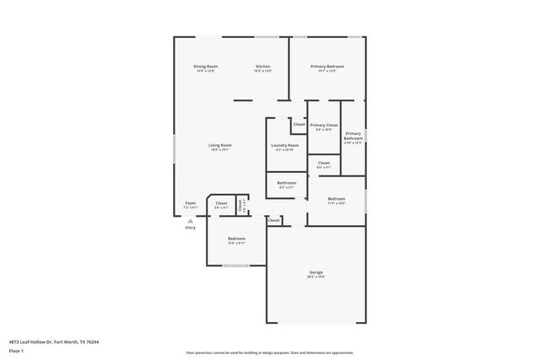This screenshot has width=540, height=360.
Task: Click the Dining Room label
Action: pos(206,66)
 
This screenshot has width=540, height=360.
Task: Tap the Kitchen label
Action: pos(262,66)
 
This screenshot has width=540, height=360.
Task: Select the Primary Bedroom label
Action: pos(327,66)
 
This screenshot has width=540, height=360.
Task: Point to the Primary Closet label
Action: pos(323,125)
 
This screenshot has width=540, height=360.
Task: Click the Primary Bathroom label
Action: pos(353,135)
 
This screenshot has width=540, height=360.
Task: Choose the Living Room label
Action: pos(220,145)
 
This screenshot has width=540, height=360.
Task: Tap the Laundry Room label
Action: pos(285,145)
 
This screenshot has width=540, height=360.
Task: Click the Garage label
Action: pos(316,272)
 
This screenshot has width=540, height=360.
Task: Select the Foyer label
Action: pos(191,203)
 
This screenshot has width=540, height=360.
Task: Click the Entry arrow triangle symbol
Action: pos(191,220)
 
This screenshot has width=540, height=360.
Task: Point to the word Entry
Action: pos(191,227)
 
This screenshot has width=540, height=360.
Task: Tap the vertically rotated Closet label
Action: pos(240,204)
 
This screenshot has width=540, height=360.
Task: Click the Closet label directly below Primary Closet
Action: pos(323,164)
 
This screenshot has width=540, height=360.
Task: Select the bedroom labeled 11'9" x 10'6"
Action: pos(336,200)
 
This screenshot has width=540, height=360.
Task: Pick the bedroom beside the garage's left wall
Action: pos(236,239)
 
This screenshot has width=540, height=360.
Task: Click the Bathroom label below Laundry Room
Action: pos(286,183)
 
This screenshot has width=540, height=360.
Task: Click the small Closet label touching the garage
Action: pos(274,220)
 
